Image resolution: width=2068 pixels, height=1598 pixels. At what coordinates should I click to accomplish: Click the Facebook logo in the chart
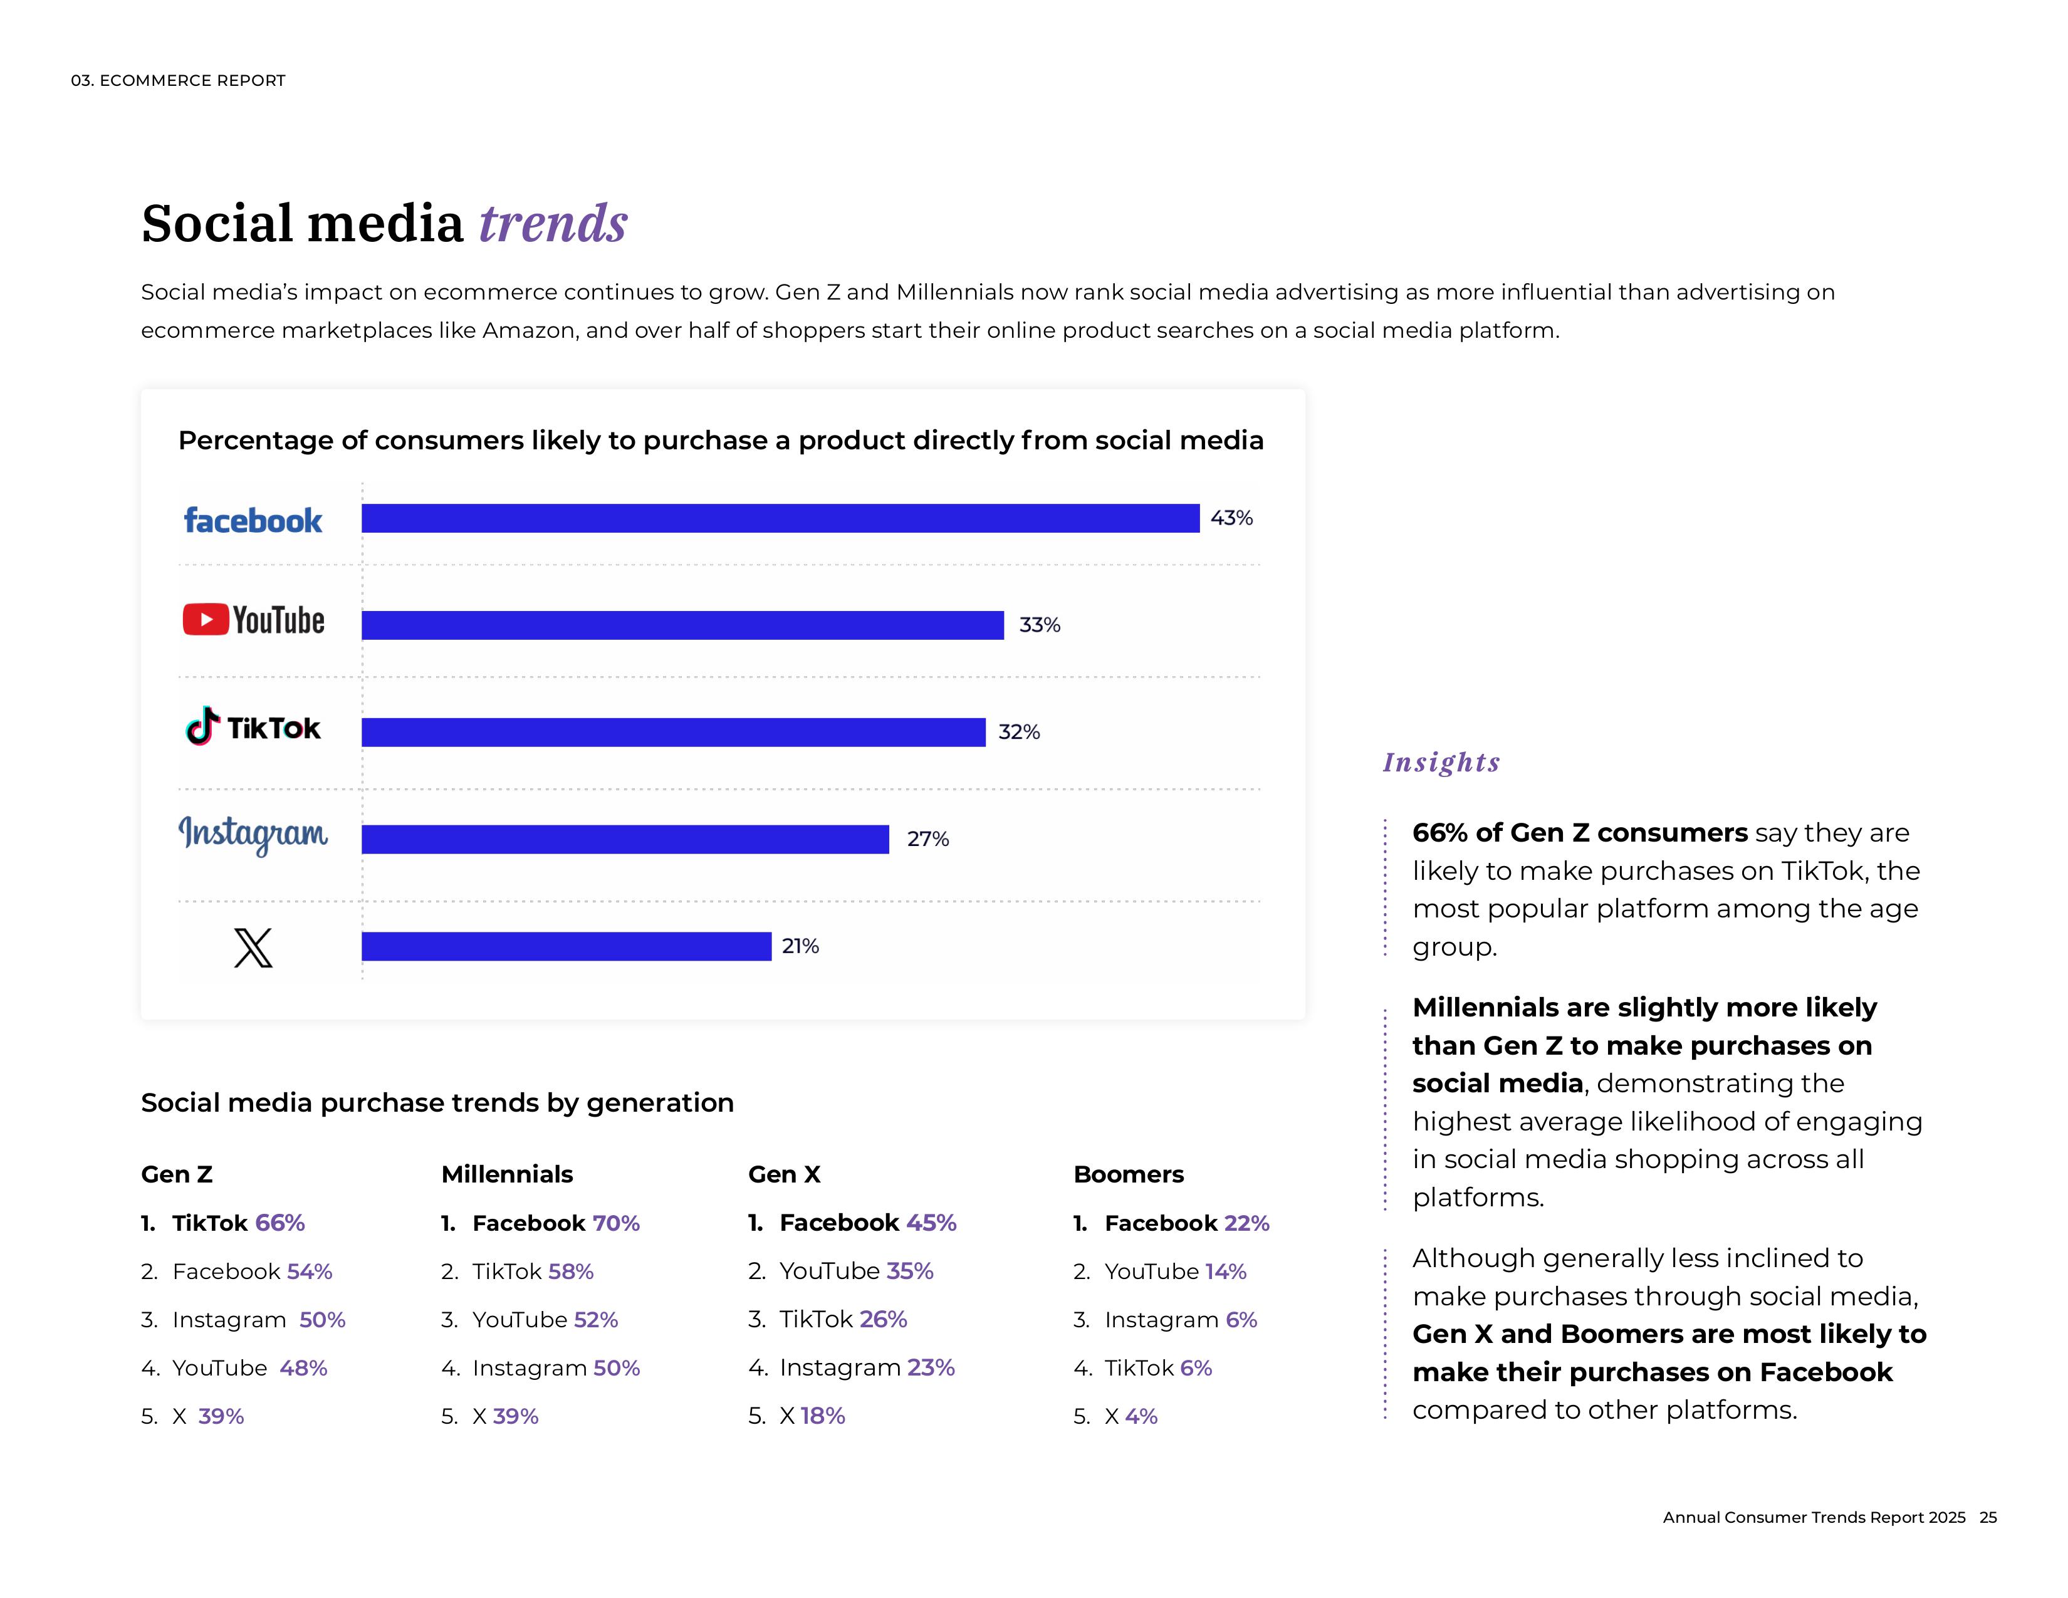[x=253, y=521]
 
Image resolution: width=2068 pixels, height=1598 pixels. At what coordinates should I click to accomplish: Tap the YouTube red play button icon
[x=206, y=619]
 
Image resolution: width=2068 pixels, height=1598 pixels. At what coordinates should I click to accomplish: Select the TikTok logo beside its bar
[x=253, y=727]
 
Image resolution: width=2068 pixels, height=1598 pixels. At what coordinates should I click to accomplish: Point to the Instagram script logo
[x=253, y=834]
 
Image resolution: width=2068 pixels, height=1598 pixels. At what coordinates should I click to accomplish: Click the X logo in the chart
[x=253, y=947]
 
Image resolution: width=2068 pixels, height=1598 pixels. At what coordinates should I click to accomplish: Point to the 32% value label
[x=1019, y=732]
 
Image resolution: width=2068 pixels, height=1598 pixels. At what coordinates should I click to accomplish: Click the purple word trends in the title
[x=553, y=224]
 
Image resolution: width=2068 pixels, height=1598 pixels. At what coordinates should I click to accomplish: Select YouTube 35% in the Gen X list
[x=856, y=1270]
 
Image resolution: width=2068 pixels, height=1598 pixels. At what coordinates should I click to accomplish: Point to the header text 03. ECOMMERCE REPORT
[x=178, y=80]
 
